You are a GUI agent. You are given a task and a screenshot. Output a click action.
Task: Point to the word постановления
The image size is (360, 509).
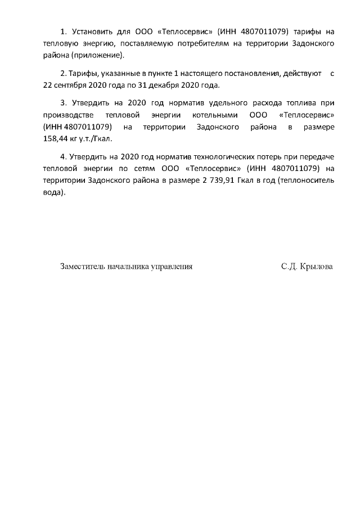(x=251, y=74)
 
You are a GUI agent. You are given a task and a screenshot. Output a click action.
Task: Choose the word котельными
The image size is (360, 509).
(x=214, y=115)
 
